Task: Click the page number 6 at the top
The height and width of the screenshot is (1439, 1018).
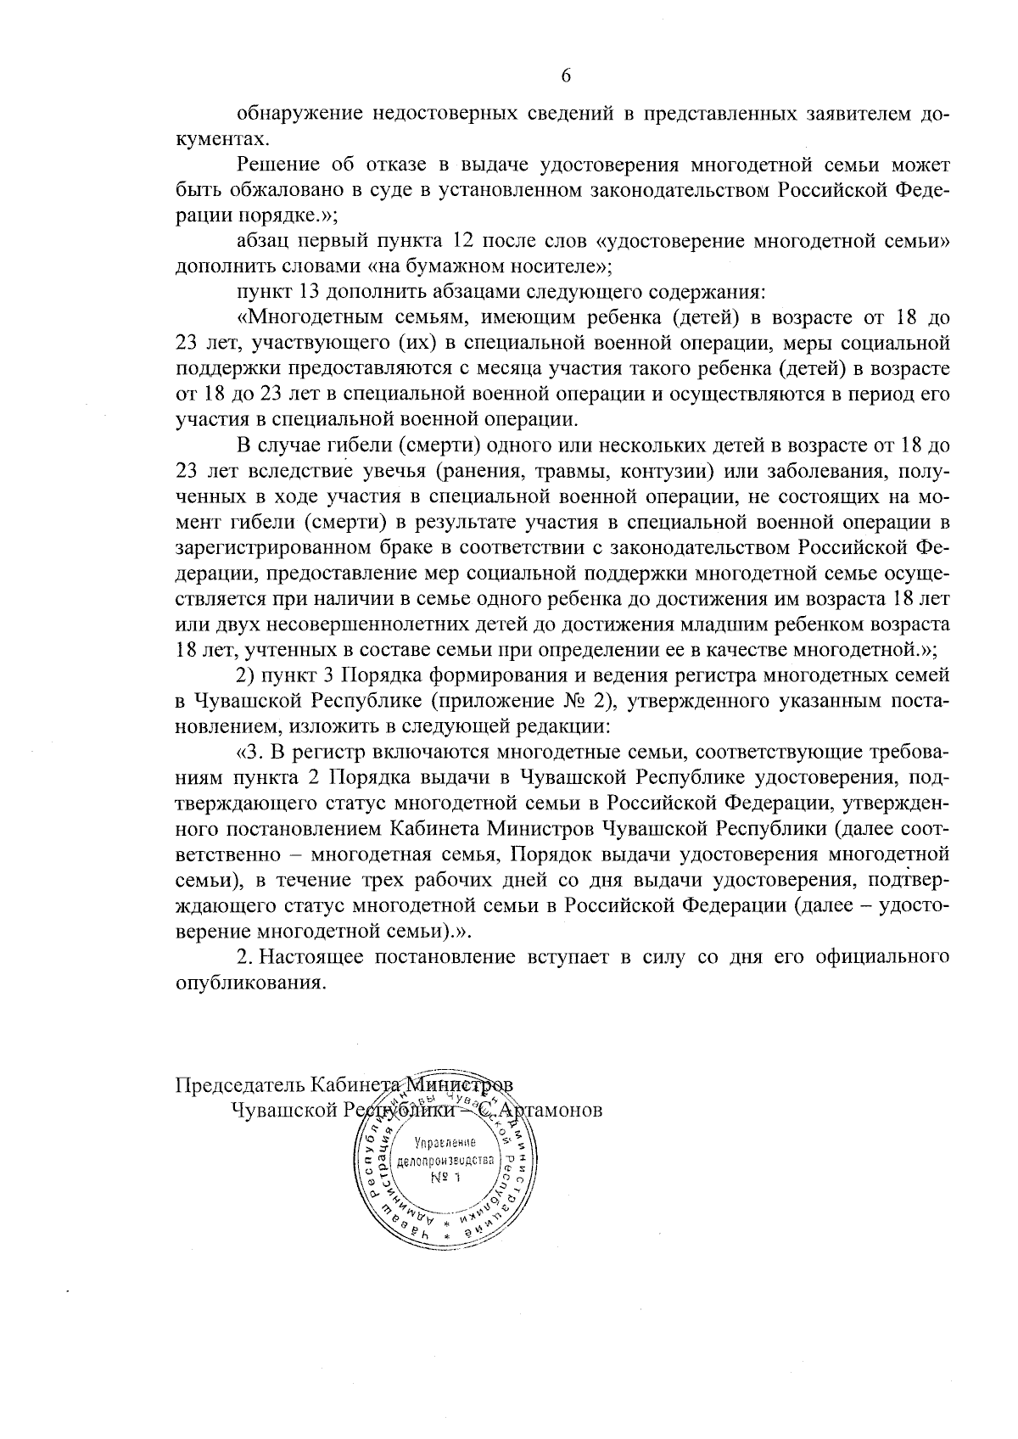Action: click(566, 76)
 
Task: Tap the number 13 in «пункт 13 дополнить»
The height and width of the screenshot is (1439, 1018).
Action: click(309, 293)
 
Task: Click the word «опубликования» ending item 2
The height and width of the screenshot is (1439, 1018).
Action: click(250, 983)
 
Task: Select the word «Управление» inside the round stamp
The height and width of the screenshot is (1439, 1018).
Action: click(445, 1144)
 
